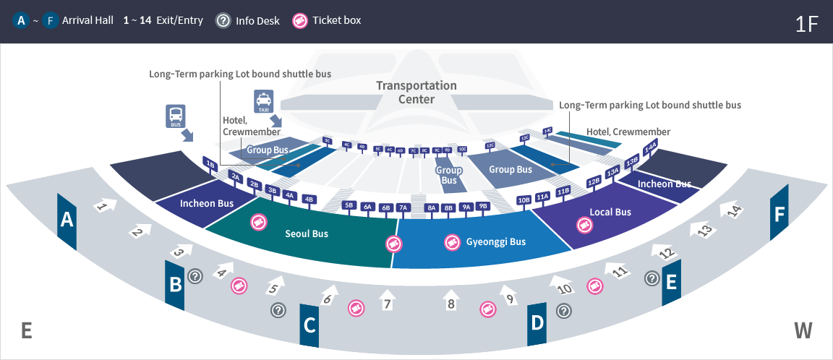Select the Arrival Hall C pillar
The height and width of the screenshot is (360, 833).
coord(309,325)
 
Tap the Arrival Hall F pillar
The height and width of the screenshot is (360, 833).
coord(779,214)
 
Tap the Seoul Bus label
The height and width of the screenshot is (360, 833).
coord(307,233)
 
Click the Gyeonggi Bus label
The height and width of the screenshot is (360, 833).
coord(495,242)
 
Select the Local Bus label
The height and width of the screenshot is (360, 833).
coord(611,212)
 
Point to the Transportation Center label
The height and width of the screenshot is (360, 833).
coord(416,93)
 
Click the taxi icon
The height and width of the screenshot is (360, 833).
coord(262,100)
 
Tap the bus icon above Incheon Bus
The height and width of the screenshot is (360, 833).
coord(176,116)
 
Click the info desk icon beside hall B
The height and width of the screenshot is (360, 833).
coord(195,276)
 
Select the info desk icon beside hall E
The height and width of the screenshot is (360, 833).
coord(652,278)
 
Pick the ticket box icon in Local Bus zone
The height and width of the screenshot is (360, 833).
coord(583,224)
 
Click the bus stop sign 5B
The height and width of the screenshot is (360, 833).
coord(349,205)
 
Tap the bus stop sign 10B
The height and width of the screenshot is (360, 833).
coord(524,199)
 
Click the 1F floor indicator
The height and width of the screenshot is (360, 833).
coord(806,23)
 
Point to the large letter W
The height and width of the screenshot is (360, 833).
coord(803,331)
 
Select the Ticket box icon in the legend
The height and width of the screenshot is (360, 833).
coord(299,20)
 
